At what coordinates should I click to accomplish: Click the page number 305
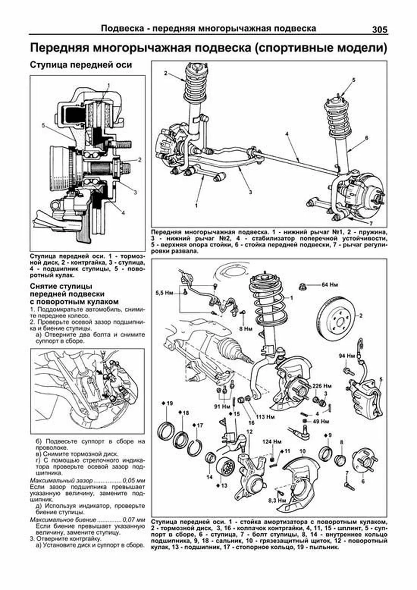pyautogui.click(x=379, y=30)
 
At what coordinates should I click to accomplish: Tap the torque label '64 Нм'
pyautogui.click(x=329, y=285)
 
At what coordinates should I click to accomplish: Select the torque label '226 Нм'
pyautogui.click(x=322, y=386)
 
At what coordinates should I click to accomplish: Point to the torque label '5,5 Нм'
pyautogui.click(x=164, y=293)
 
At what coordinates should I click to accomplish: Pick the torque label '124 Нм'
pyautogui.click(x=272, y=442)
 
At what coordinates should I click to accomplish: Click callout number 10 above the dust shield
pyautogui.click(x=302, y=452)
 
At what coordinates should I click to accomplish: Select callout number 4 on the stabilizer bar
pyautogui.click(x=287, y=134)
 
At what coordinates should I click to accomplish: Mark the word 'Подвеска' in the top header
pyautogui.click(x=121, y=29)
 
